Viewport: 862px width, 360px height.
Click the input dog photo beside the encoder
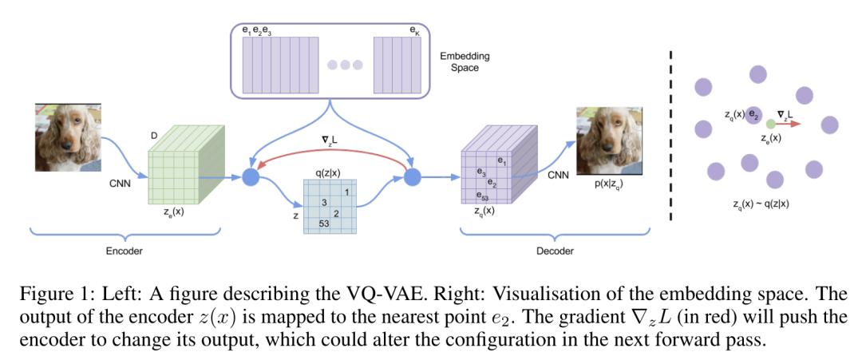[x=67, y=136]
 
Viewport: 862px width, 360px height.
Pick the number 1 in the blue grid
[x=347, y=192]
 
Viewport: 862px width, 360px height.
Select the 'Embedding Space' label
[x=465, y=62]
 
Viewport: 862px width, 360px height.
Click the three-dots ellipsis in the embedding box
[x=345, y=65]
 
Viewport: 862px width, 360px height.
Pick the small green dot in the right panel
[x=769, y=125]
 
